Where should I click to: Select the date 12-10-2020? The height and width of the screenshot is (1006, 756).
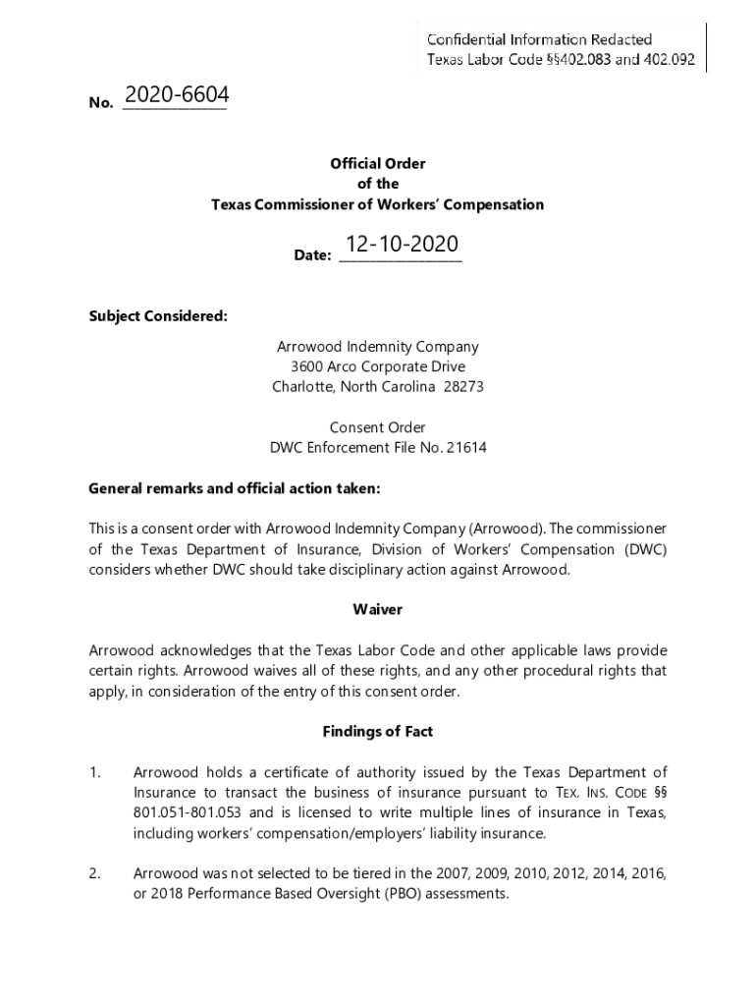(x=400, y=245)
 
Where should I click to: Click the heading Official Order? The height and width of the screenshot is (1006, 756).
(x=378, y=164)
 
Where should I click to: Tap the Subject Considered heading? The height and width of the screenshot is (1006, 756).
(x=158, y=316)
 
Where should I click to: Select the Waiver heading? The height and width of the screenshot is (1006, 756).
(x=378, y=609)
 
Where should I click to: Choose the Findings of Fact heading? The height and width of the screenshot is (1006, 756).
(x=378, y=732)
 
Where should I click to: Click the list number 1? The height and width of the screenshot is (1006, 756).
(x=94, y=773)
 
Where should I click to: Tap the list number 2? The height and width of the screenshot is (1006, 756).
(x=95, y=874)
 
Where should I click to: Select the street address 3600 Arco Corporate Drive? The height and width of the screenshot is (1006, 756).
(x=378, y=366)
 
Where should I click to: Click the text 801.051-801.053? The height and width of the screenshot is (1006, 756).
(x=189, y=813)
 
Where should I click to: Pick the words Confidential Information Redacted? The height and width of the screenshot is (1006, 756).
(x=539, y=39)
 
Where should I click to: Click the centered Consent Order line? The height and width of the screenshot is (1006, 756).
(x=378, y=427)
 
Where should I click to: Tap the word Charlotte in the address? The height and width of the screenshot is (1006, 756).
(x=302, y=387)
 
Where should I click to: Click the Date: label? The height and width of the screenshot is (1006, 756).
(x=312, y=255)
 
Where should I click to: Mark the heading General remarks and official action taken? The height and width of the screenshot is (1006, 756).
(x=234, y=488)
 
